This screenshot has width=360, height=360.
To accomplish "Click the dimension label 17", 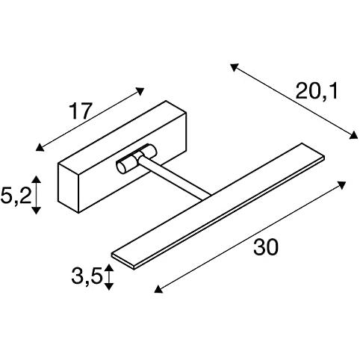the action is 80,111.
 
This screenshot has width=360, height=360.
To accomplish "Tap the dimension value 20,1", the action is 317,91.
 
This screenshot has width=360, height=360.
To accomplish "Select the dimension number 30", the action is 265,247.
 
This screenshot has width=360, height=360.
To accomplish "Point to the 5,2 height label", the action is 16,196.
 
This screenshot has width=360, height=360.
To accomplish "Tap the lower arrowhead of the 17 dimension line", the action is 39,148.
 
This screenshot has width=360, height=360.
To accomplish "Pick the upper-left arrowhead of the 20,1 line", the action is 234,66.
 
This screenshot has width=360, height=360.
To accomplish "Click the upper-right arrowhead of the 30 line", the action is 343,184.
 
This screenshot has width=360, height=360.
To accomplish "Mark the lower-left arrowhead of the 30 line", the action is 158,290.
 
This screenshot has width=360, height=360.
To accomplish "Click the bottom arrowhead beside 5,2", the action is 37,211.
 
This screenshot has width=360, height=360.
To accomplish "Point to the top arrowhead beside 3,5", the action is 108,267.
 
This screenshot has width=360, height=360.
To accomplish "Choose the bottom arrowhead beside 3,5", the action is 108,286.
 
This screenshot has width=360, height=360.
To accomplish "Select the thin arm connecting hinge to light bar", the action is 176,178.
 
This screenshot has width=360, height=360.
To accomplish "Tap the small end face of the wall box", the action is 68,188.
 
